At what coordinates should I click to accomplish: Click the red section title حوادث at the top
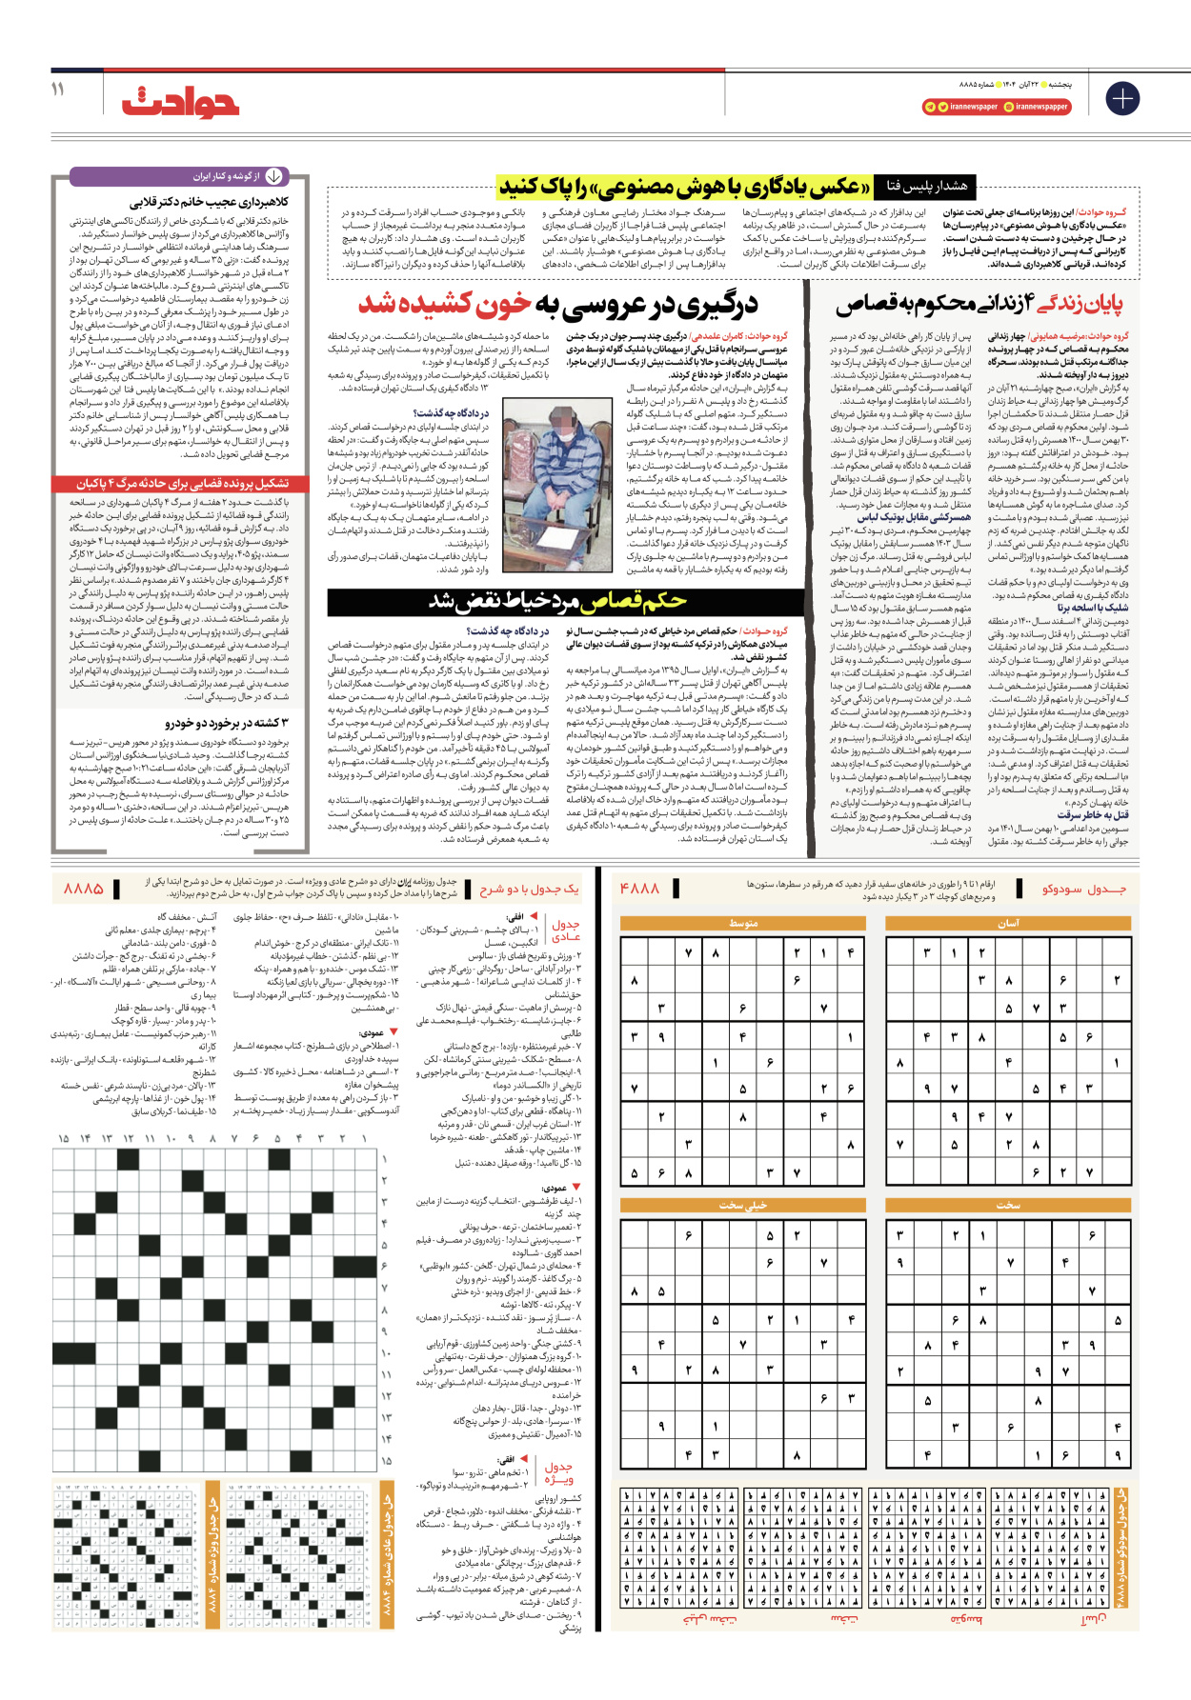tap(180, 99)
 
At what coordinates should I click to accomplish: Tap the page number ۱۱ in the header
tap(58, 89)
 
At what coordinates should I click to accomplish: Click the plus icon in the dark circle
tap(1122, 98)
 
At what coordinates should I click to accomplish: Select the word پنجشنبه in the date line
tap(1057, 85)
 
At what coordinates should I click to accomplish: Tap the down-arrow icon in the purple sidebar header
tap(273, 176)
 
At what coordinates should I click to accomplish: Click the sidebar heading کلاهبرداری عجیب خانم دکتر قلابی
tap(209, 202)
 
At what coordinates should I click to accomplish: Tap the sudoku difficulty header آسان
tap(1008, 923)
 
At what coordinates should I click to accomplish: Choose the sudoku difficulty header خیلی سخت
tap(742, 1205)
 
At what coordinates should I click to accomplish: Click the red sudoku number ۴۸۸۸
tap(639, 888)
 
